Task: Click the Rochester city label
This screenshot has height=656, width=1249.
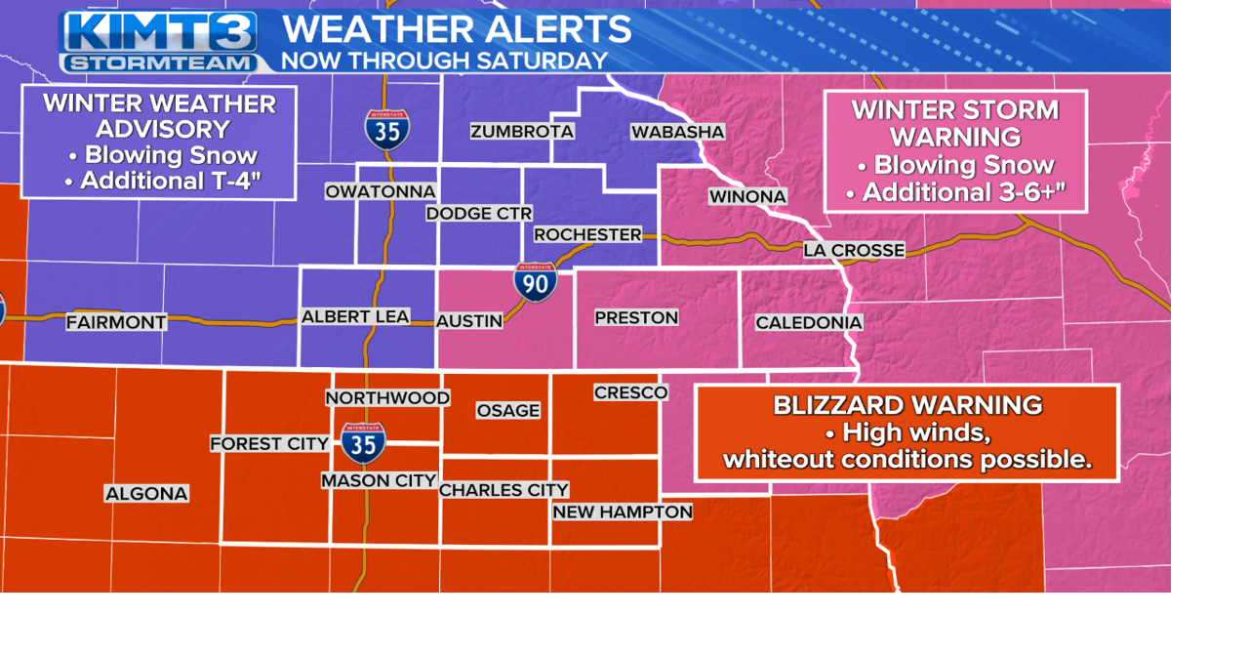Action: pos(587,234)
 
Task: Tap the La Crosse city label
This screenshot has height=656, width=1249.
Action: pos(854,250)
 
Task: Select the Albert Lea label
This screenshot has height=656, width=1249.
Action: pos(355,316)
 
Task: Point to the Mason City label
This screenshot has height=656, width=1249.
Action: pos(379,480)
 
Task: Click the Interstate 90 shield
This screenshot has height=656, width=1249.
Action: pos(536,281)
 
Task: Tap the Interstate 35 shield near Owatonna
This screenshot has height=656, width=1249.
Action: pos(387,129)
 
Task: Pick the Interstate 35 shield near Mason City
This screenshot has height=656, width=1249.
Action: pos(363,442)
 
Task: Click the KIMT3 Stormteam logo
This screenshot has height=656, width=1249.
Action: pos(159,41)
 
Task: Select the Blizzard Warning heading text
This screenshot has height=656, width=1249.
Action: pos(907,404)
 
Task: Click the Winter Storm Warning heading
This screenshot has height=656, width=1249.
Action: pos(955,123)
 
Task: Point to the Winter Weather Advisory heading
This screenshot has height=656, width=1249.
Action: pos(159,116)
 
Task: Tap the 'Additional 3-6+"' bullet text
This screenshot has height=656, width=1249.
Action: pos(955,192)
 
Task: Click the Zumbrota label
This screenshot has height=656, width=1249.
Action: pos(522,131)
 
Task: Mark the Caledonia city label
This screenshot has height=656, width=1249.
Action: pos(809,322)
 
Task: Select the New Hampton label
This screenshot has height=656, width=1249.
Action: pos(623,512)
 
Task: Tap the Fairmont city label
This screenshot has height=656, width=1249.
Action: pos(116,321)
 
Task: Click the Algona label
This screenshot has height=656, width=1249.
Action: pos(146,493)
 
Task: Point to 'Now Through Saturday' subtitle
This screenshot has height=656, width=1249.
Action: pos(444,61)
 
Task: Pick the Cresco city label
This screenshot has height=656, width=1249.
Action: pos(630,392)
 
